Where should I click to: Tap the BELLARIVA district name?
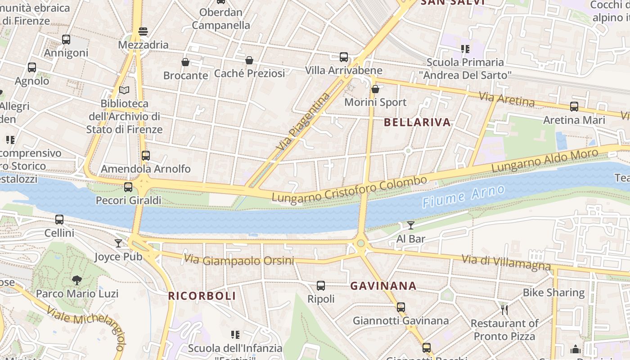coord(417,122)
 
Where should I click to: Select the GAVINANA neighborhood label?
coord(383,286)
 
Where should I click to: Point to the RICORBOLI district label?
coord(202,296)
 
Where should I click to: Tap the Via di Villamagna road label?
coord(506,262)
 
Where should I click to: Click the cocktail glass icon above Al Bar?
coord(411,225)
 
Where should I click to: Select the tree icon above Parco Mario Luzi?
coord(77,280)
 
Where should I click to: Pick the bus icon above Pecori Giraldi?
coord(128,187)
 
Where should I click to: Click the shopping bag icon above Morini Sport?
coord(375,89)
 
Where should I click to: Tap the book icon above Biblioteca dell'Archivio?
coord(124,90)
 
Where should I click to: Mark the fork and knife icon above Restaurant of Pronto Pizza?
coord(504,310)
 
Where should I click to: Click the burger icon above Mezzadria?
coord(143,31)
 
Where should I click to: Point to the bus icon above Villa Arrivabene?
coord(344,57)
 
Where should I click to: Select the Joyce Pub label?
coord(118,257)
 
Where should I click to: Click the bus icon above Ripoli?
coord(321,286)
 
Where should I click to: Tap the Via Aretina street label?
coord(506,99)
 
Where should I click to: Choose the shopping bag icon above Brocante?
coord(185,62)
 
